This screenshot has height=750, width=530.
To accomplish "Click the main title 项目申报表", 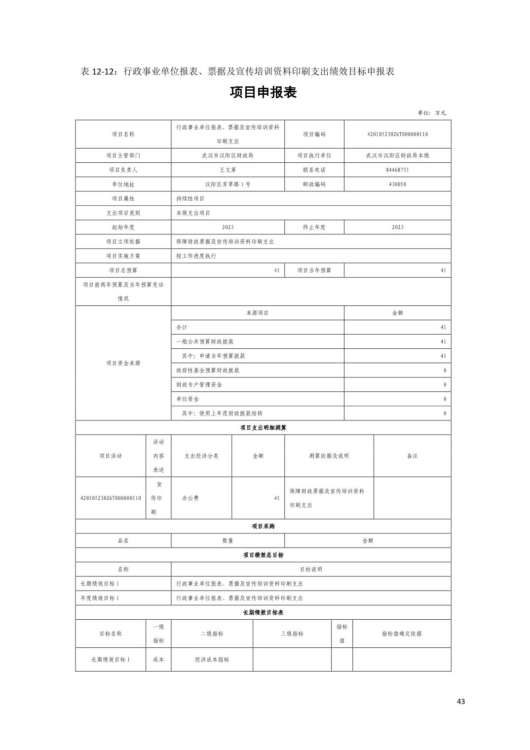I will (263, 93).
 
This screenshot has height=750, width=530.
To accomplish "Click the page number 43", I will (461, 701).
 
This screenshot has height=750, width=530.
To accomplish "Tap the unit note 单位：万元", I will (431, 112).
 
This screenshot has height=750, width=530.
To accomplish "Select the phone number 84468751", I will (397, 170).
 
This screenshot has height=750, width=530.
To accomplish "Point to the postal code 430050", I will (397, 184).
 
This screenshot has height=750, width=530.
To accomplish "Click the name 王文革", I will (227, 170).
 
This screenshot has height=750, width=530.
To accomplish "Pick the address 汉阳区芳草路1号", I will (227, 184).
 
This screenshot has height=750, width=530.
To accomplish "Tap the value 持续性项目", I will (190, 198).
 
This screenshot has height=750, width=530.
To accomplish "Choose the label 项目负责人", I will (123, 170).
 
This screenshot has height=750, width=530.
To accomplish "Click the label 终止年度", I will (314, 227).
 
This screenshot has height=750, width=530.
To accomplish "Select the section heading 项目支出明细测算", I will (263, 428).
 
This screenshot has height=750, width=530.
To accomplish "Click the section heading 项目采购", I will (263, 526).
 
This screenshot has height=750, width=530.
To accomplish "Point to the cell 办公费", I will (190, 498).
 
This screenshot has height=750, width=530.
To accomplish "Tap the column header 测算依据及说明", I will (329, 456).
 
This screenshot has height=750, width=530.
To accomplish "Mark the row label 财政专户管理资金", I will (199, 384).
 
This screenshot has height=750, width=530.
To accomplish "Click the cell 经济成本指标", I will (212, 660).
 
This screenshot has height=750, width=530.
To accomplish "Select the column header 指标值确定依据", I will (402, 634).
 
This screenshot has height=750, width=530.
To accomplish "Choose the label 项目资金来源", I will (123, 363).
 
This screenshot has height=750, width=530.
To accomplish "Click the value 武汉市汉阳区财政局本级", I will (397, 155).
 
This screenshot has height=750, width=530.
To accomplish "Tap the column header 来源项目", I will (257, 313).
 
